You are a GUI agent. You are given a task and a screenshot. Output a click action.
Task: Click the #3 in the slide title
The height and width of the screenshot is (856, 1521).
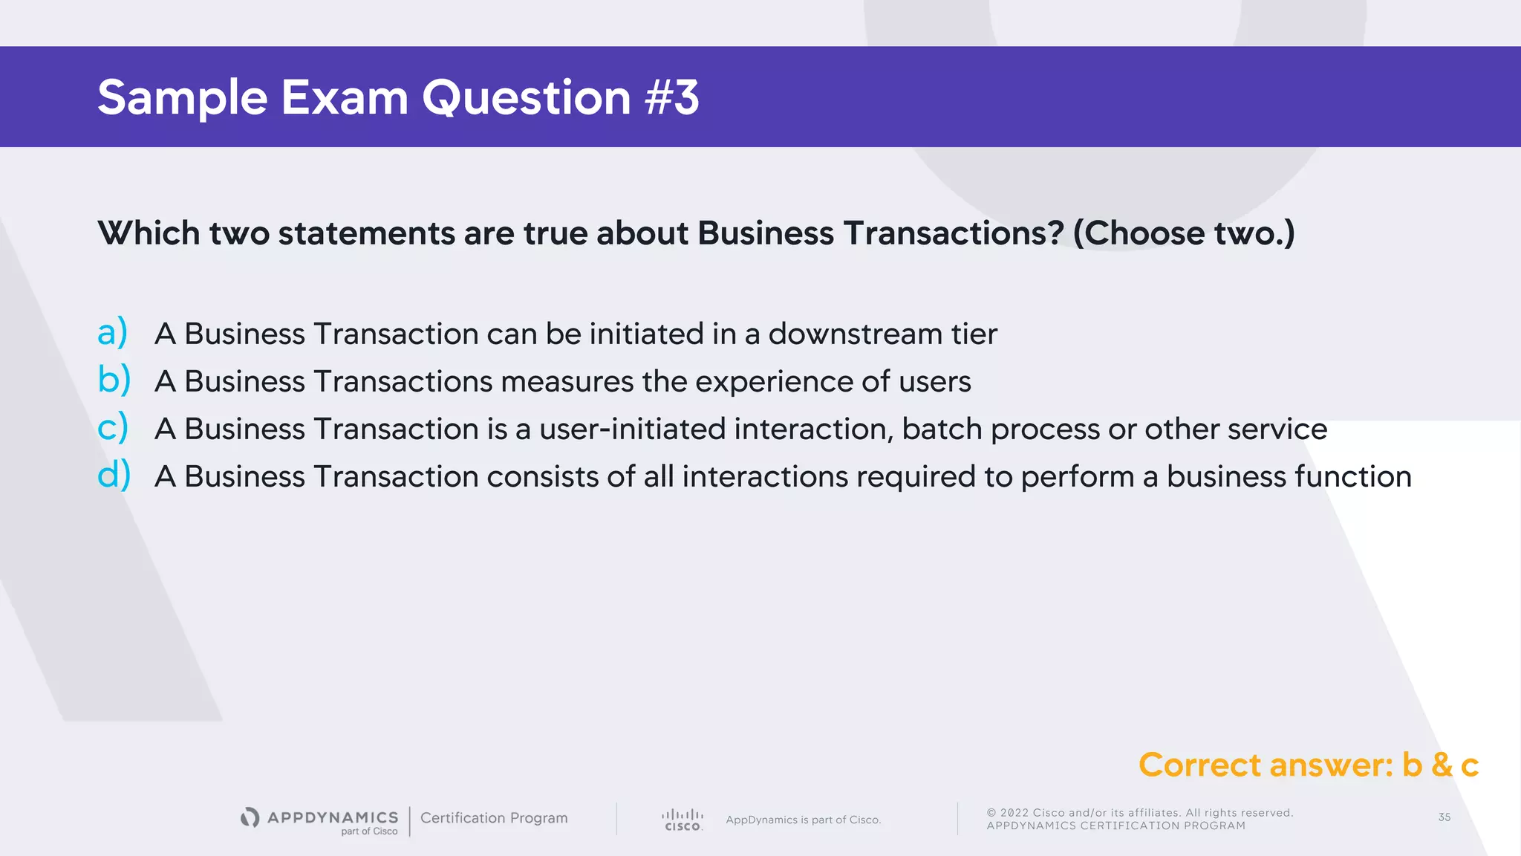[672, 97]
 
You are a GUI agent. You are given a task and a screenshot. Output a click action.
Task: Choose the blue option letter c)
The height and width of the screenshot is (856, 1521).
[113, 427]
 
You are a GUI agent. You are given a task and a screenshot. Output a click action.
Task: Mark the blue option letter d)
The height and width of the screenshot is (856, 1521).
[114, 475]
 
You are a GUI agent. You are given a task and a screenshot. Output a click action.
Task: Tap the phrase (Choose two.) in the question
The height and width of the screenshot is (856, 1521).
[1184, 233]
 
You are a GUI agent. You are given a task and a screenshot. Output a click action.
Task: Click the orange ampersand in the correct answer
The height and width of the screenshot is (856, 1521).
[1442, 765]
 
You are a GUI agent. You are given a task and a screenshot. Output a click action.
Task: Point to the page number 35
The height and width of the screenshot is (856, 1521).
[1444, 817]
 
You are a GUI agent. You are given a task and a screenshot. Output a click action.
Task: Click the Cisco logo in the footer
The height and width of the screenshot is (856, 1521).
[683, 820]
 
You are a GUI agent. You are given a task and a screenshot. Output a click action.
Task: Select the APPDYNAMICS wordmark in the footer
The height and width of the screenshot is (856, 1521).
[332, 817]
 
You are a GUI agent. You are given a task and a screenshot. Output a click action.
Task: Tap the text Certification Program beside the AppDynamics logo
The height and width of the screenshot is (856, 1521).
[494, 818]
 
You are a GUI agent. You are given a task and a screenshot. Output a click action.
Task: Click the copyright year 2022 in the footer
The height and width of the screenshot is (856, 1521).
[1014, 813]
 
